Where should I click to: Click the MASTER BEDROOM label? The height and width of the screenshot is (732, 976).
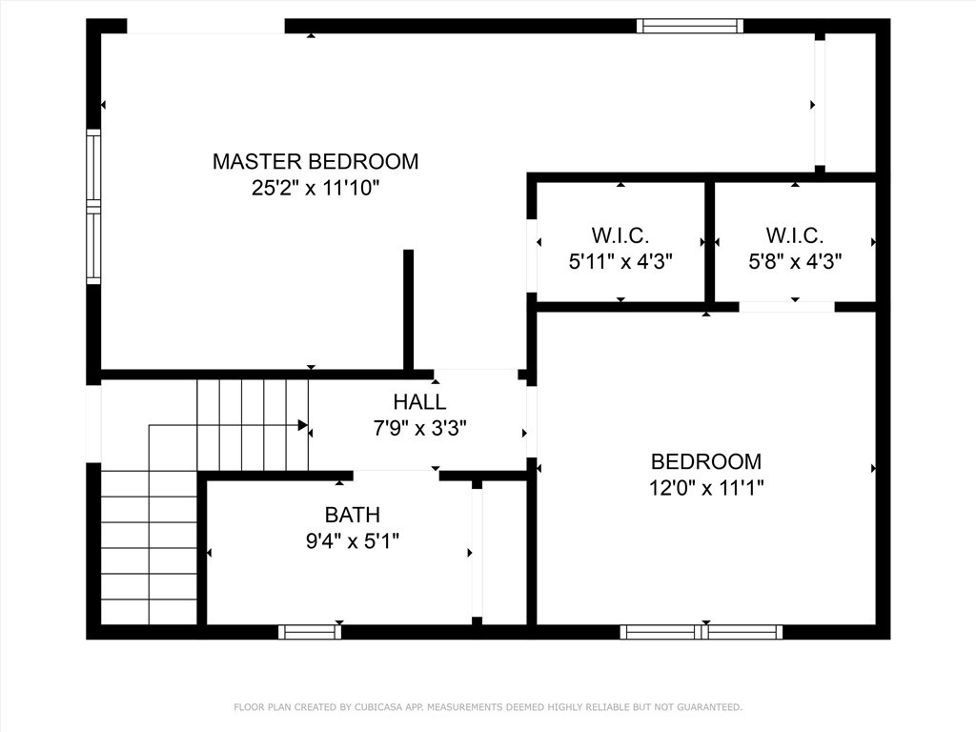[315, 161]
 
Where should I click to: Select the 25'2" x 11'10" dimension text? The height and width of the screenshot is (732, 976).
[315, 188]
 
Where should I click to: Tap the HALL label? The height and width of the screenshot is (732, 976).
[419, 402]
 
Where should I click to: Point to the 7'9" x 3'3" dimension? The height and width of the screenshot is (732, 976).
[419, 428]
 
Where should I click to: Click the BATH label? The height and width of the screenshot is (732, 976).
[353, 516]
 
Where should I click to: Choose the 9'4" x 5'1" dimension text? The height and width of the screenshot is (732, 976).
[353, 541]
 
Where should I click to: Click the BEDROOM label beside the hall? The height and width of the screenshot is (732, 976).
[706, 461]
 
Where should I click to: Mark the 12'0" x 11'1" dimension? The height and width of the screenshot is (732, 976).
[706, 488]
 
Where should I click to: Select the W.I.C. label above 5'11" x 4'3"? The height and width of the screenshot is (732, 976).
[620, 235]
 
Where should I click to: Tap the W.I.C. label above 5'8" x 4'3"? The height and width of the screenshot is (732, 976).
[794, 235]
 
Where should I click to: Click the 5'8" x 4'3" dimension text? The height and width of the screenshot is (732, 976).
[794, 261]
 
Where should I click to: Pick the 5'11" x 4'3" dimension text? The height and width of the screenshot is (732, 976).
[620, 261]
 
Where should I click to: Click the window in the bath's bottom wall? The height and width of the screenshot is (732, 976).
[310, 631]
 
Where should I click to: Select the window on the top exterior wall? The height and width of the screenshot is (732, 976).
[689, 26]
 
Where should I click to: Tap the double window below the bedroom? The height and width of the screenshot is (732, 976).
[701, 631]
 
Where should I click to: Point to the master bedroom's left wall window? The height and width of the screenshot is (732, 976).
[93, 207]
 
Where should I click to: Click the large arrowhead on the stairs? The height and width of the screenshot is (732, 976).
[302, 425]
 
